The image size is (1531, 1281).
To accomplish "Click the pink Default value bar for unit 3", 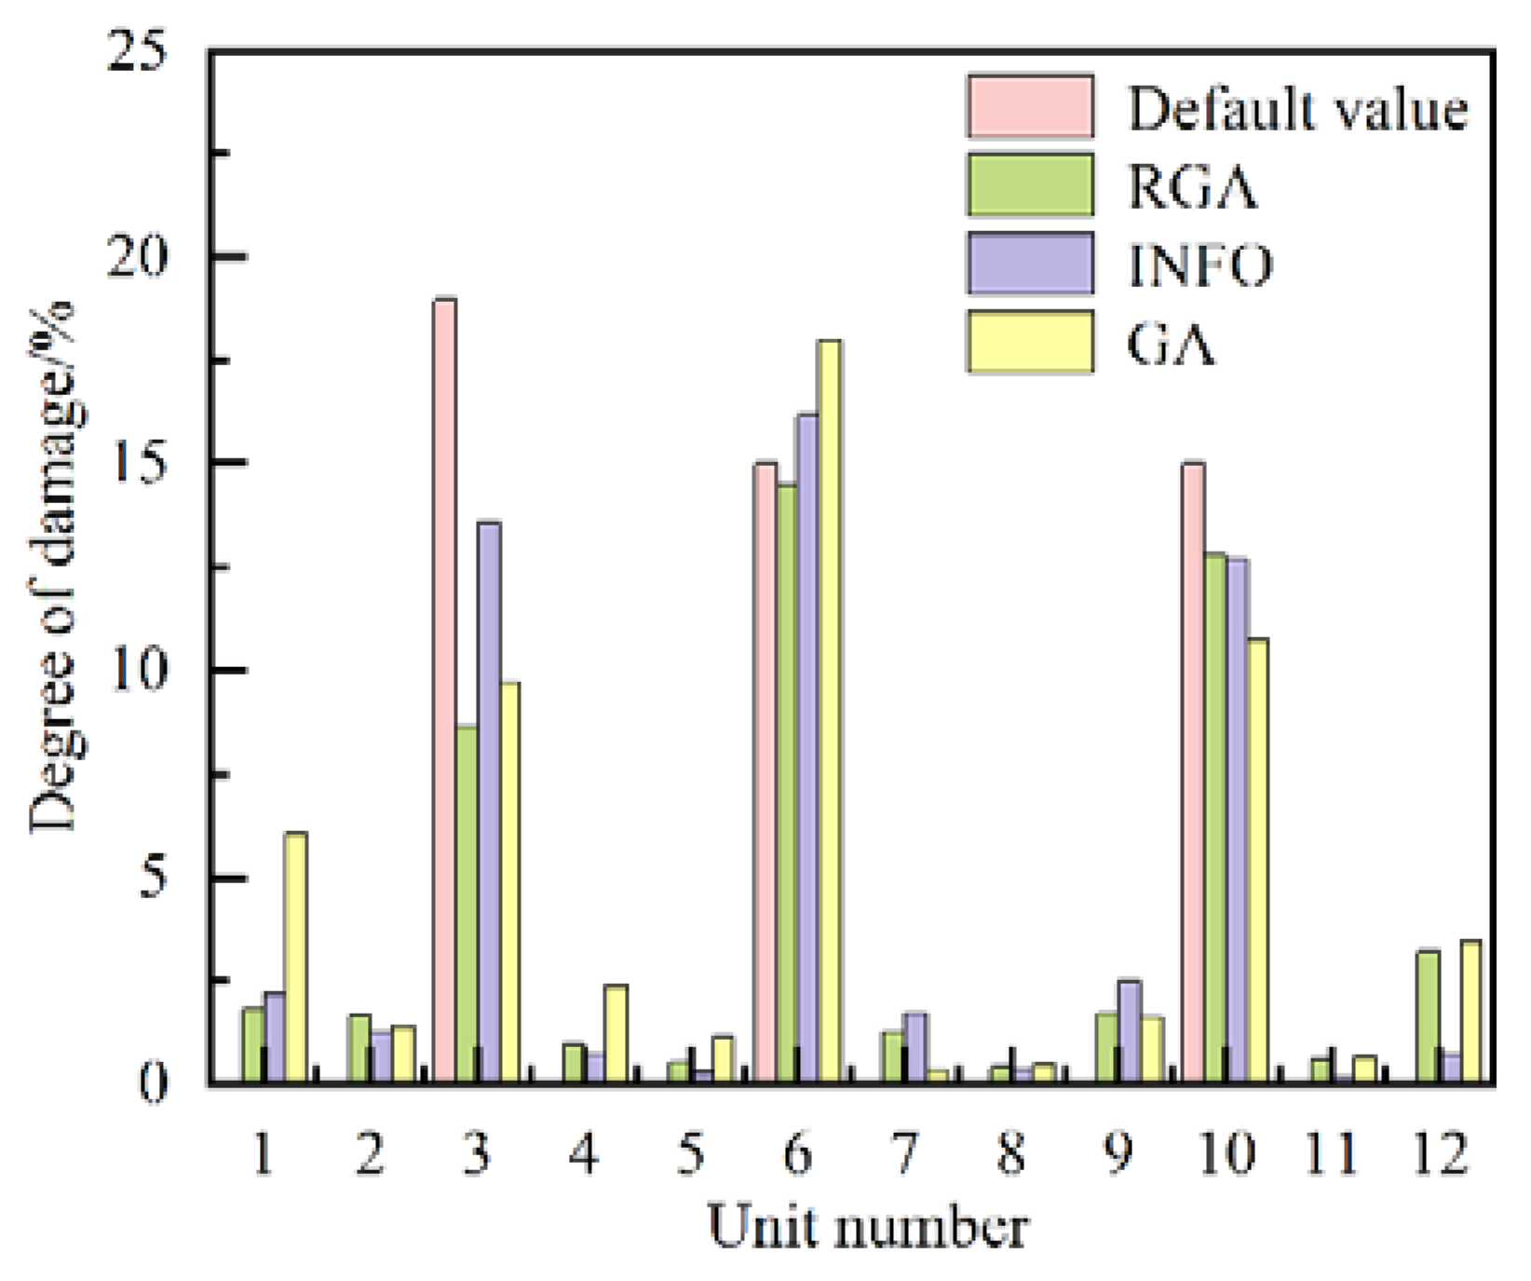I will tap(445, 689).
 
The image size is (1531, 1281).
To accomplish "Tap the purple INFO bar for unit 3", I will tap(489, 801).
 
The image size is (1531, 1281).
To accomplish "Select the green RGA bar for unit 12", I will tap(1428, 1016).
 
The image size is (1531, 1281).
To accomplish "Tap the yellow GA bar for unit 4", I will tap(616, 1033).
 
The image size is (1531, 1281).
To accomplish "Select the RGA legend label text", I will tap(1192, 187).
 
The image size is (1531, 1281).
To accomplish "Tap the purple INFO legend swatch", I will tap(1029, 265).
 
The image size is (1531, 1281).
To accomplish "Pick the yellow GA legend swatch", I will tap(1029, 343).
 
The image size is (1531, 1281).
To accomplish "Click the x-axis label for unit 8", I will tap(1010, 1154).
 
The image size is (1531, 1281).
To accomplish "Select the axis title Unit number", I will tap(868, 1227).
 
